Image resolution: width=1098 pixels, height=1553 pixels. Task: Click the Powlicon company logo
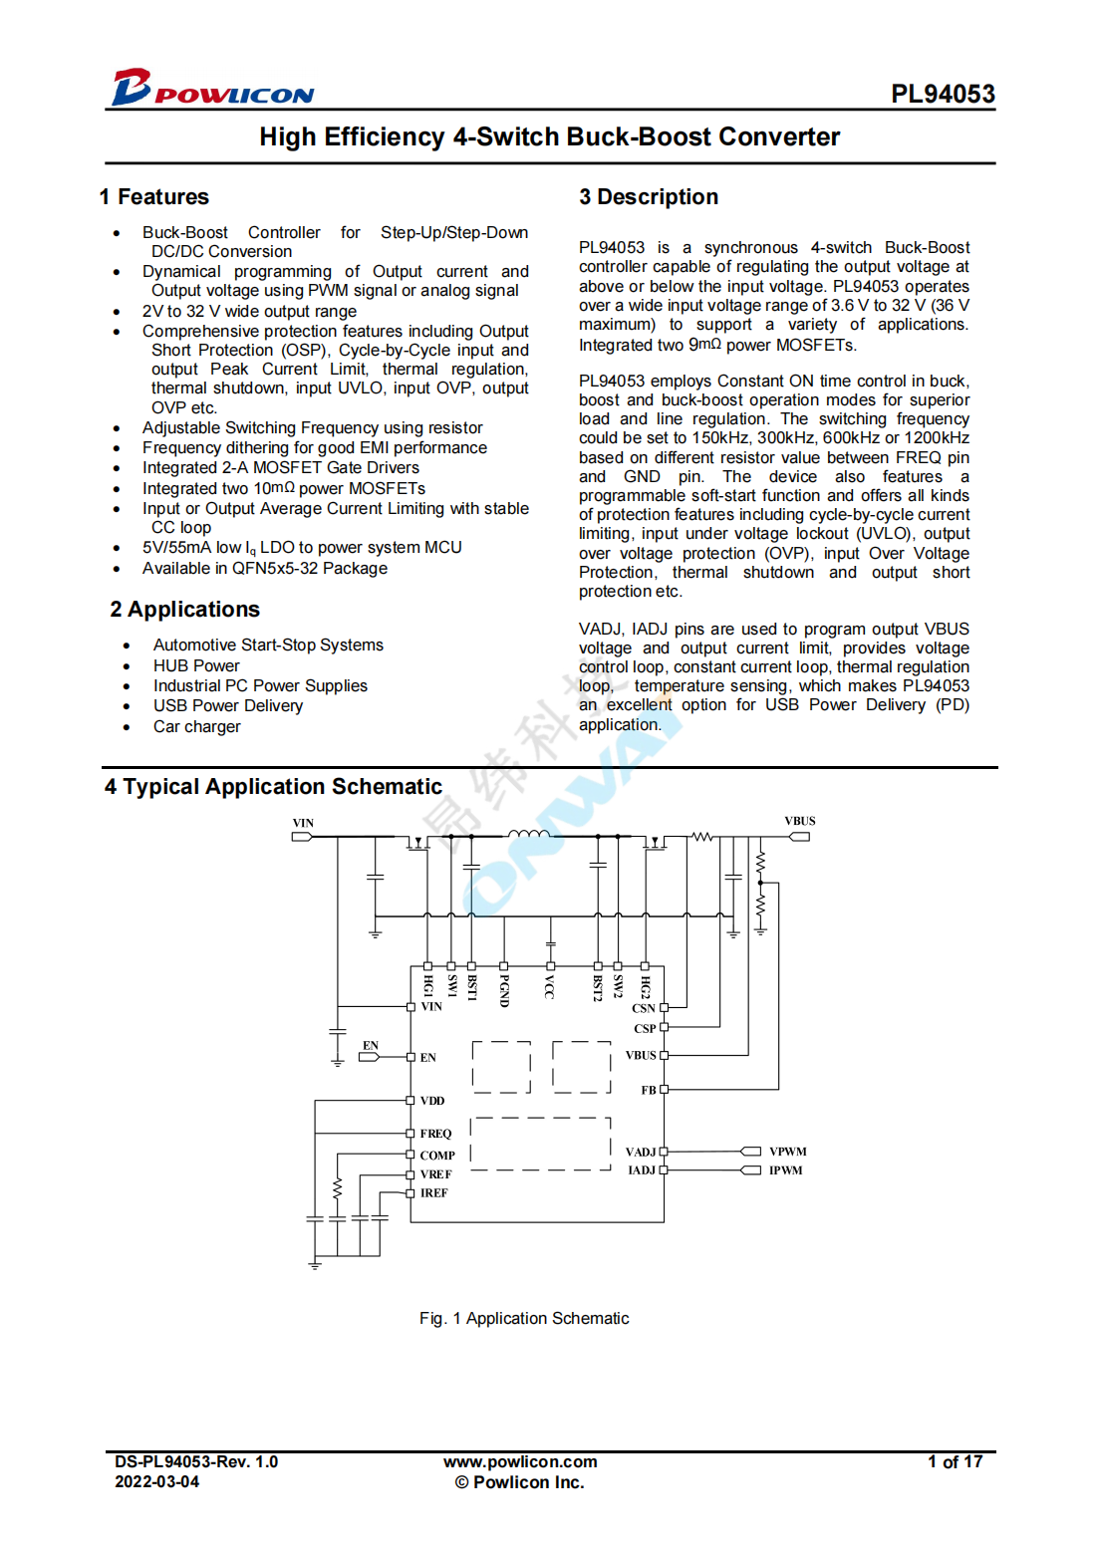tap(212, 89)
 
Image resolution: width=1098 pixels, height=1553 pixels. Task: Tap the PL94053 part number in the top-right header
tap(942, 94)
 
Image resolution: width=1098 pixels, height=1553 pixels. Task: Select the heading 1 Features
tap(154, 197)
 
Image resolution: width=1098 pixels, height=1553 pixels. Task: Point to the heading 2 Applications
tap(185, 610)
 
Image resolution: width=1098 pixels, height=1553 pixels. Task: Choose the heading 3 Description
tap(649, 197)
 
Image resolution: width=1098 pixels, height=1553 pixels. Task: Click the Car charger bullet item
tap(196, 726)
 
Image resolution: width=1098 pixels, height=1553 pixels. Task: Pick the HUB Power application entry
tap(196, 665)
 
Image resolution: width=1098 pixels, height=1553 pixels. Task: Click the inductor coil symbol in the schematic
tap(528, 835)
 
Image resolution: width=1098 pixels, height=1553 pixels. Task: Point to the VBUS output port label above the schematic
tap(799, 822)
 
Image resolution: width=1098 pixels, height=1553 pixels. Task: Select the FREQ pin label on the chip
tap(435, 1134)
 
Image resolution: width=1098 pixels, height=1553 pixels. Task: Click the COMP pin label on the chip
tap(436, 1156)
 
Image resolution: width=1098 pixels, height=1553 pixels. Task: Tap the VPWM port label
tap(787, 1152)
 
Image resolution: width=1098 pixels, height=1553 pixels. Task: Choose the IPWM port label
tap(785, 1170)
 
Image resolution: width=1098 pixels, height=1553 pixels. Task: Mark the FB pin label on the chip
tap(649, 1091)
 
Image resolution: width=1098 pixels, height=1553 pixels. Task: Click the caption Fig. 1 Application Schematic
tap(524, 1318)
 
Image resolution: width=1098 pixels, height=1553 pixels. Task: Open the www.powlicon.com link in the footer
tap(520, 1461)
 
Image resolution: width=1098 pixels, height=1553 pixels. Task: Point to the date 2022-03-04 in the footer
tap(156, 1481)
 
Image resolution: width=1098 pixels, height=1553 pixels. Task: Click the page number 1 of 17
tap(955, 1461)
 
